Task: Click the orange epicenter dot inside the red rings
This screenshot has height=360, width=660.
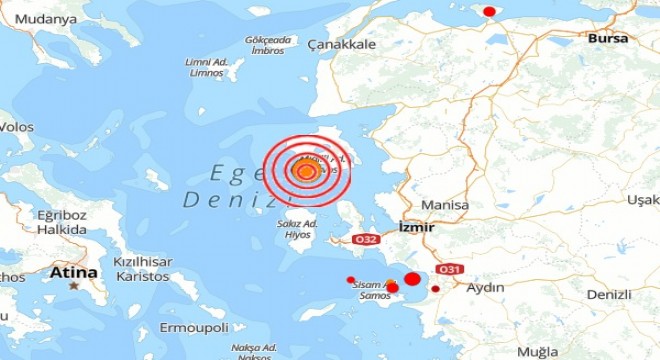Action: click(x=306, y=171)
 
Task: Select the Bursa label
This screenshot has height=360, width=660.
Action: click(x=608, y=38)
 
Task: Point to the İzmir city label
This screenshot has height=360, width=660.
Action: click(x=416, y=227)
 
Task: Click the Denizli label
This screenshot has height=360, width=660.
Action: click(x=609, y=295)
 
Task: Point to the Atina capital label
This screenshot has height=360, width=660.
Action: click(x=75, y=272)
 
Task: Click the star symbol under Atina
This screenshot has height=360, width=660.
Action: click(x=74, y=286)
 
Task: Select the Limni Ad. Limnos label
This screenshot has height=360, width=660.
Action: click(x=208, y=67)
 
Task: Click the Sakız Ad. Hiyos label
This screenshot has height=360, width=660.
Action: click(x=297, y=229)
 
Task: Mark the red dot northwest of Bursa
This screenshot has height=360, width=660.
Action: click(x=489, y=11)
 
